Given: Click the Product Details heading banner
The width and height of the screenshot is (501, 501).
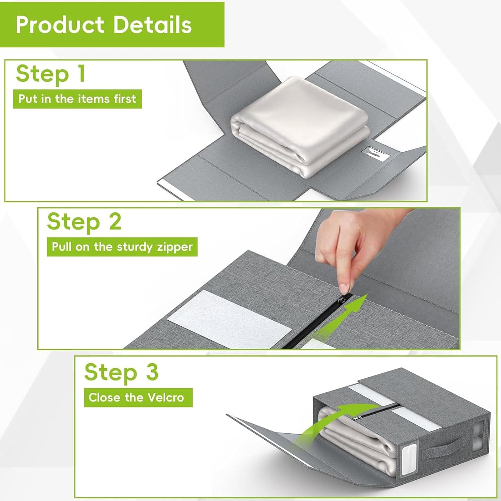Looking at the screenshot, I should (112, 24).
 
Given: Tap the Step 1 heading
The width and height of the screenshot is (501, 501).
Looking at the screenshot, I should (50, 74).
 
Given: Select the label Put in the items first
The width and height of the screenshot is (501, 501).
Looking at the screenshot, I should (77, 99).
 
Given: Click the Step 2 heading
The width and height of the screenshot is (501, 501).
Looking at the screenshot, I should (84, 222).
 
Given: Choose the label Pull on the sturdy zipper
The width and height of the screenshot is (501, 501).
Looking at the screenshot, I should (122, 247).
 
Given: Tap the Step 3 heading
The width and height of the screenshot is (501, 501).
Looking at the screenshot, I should (121, 372).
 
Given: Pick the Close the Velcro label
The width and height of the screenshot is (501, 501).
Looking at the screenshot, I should (136, 397).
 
